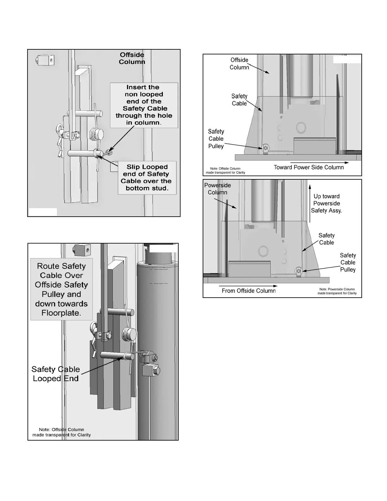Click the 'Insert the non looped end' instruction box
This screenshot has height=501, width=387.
[144, 105]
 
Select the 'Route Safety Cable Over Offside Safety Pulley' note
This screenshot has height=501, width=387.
[61, 289]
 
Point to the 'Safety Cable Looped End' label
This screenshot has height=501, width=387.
[56, 374]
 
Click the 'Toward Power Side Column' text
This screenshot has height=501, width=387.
[309, 167]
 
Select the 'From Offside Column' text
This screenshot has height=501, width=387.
[249, 291]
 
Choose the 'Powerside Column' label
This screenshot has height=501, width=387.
[218, 189]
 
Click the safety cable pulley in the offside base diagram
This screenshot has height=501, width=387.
[266, 148]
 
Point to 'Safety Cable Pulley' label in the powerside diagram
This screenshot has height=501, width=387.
[348, 263]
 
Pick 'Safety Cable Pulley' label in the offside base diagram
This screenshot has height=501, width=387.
[216, 139]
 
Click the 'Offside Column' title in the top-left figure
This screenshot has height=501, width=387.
[132, 58]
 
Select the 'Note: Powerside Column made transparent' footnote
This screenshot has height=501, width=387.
[337, 291]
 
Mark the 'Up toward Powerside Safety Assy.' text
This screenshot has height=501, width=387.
[327, 203]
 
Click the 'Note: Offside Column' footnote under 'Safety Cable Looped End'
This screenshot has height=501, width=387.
[62, 432]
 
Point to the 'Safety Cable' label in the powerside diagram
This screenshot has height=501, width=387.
[326, 239]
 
